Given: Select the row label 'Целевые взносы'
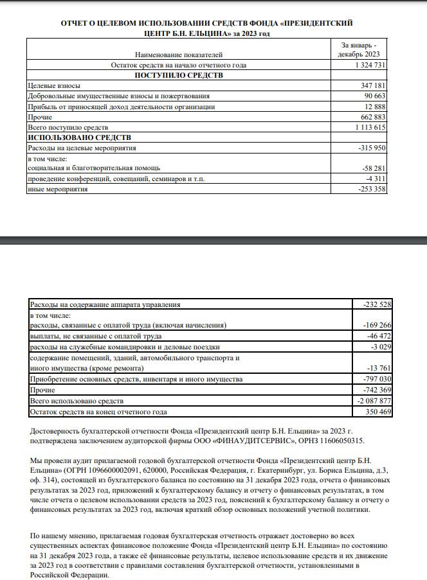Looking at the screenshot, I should [x=55, y=85].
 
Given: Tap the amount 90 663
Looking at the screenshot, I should [x=374, y=96].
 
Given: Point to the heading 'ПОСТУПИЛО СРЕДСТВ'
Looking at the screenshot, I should [x=178, y=76].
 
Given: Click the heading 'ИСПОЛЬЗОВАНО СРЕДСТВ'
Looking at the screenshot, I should [x=78, y=138].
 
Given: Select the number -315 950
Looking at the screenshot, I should [x=371, y=148].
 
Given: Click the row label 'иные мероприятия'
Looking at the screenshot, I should [x=57, y=189].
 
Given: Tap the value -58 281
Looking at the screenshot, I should [x=374, y=169].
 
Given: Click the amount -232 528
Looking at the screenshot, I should [x=376, y=304].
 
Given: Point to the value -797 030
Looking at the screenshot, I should [x=376, y=380].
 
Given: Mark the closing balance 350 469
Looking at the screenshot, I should [x=377, y=411].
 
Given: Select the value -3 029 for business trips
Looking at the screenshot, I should [x=379, y=347].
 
